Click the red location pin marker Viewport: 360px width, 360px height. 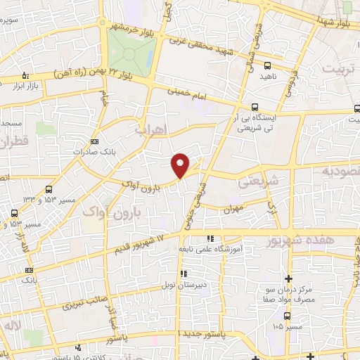click(181, 165)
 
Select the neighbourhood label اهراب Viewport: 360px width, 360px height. click(148, 131)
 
